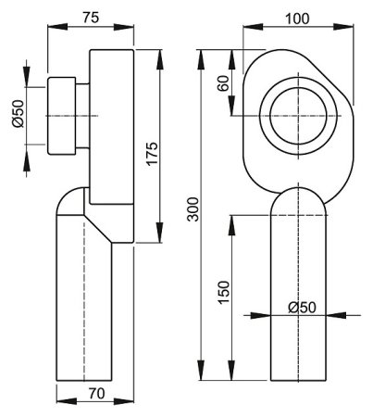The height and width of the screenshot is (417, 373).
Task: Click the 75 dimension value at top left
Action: pyautogui.click(x=91, y=17)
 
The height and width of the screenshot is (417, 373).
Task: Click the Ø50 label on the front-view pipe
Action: pyautogui.click(x=301, y=307)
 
